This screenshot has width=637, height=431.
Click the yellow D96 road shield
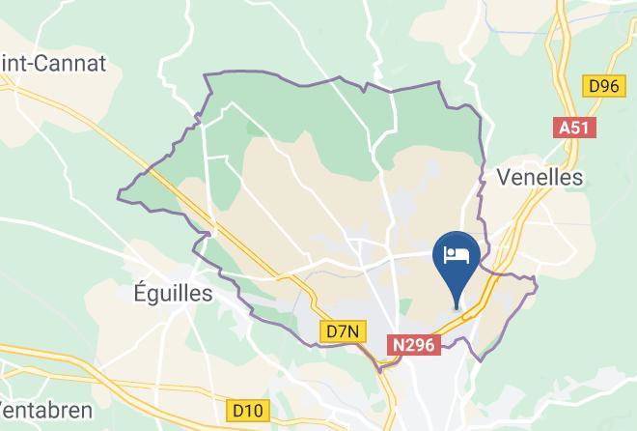[603, 86]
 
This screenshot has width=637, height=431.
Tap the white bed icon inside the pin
[457, 254]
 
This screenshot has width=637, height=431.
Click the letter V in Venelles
[503, 177]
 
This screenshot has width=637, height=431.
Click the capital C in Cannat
[42, 64]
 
